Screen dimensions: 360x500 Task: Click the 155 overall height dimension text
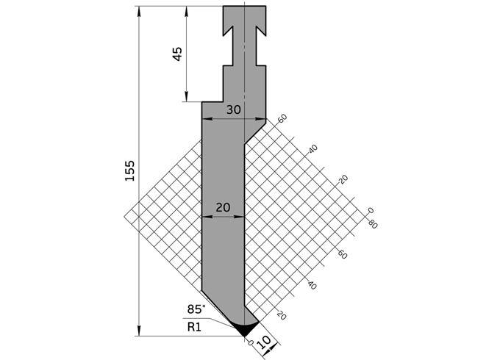[129, 170]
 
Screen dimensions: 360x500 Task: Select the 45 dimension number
[177, 54]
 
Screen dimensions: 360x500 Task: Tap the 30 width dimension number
[233, 109]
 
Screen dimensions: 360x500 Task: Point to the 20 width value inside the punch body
[223, 207]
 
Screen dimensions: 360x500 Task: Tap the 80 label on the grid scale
[373, 225]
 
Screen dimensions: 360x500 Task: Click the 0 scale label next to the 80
[370, 210]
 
